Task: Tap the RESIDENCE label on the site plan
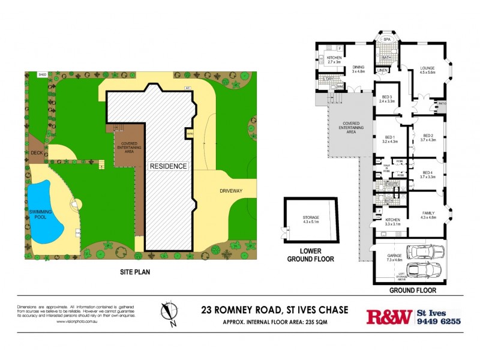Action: pos(169,166)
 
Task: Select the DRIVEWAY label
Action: pos(222,190)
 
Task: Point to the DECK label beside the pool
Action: pos(37,153)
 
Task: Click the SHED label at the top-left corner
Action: pos(42,75)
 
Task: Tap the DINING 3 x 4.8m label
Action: pos(359,69)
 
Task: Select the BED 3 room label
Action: pos(387,99)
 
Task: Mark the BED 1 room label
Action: pos(390,139)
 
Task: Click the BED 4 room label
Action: pos(427,174)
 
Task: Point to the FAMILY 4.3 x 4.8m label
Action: pos(428,215)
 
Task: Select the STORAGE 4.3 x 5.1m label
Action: pos(310,219)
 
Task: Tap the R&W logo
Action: pos(389,316)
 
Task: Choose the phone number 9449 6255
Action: pos(439,322)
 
